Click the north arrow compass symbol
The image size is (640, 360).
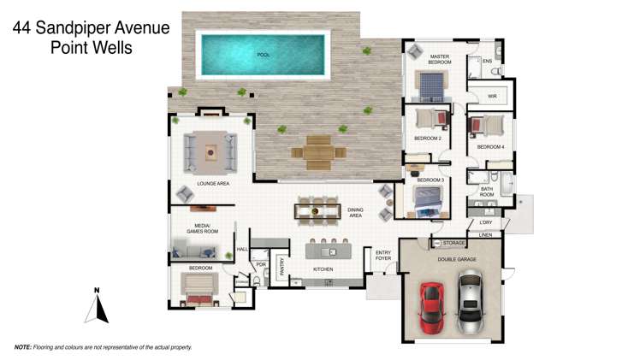pos(98,306)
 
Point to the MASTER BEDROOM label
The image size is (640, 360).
pos(440,59)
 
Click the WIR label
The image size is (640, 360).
pos(492,97)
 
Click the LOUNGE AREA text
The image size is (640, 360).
pos(213,183)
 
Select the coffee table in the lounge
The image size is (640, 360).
pos(210,151)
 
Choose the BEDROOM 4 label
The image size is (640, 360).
pos(490,147)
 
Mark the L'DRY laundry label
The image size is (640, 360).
pos(486,223)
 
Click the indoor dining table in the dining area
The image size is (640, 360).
pos(318,210)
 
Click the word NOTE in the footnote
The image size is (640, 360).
pos(23,348)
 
